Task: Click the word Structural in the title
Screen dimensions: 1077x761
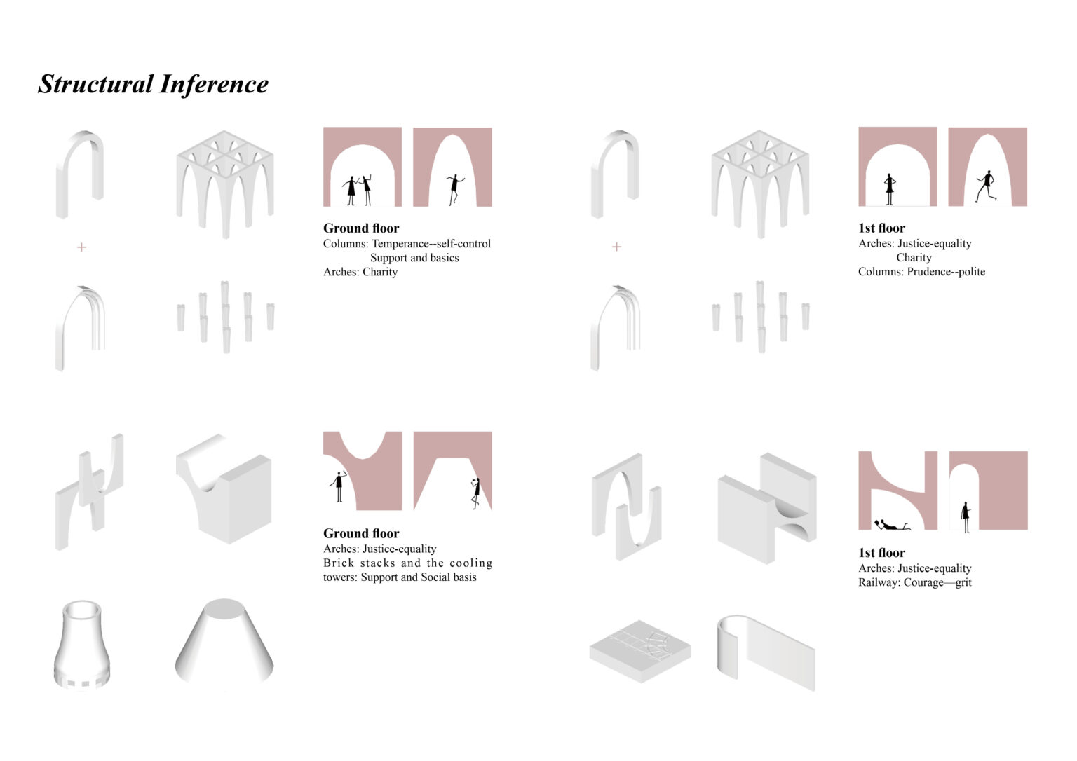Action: point(95,85)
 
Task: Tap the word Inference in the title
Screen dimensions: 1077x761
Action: point(214,85)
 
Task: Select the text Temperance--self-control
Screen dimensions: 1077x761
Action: point(431,244)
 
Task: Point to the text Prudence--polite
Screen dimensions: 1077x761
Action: point(946,271)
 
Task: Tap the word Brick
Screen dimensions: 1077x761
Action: point(339,563)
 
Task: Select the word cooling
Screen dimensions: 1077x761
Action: point(470,563)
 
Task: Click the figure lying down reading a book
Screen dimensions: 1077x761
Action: point(891,525)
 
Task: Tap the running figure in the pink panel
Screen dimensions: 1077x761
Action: point(986,186)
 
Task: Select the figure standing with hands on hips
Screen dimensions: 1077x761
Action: point(890,189)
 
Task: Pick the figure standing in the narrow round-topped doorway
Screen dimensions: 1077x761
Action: point(966,517)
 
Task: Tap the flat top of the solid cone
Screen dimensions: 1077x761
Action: point(224,608)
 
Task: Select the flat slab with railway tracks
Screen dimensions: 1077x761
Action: point(640,651)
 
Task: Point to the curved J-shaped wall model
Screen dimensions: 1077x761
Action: point(766,652)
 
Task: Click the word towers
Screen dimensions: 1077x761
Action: point(339,577)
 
